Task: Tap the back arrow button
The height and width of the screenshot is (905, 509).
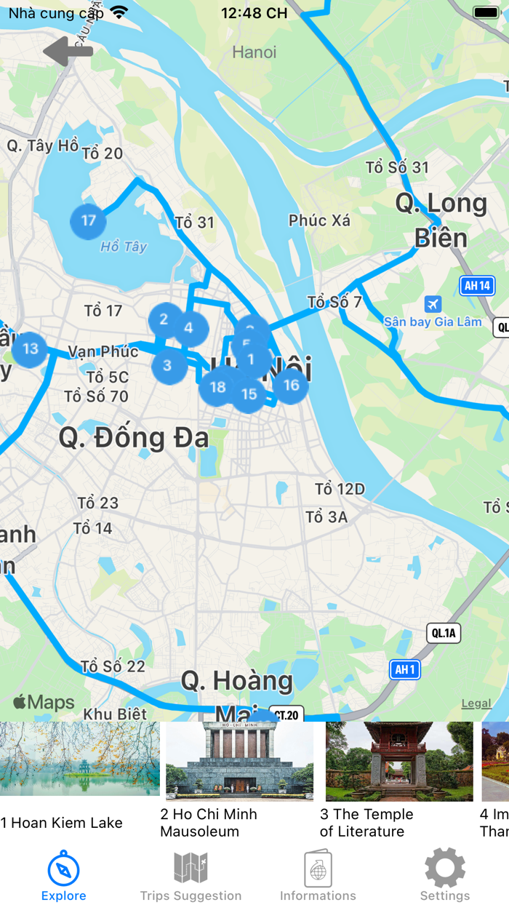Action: [68, 52]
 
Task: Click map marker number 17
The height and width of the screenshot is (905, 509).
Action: [88, 220]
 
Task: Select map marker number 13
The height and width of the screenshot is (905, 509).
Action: [30, 348]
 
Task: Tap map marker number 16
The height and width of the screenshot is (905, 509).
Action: [291, 386]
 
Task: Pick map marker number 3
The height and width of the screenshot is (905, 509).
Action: [167, 365]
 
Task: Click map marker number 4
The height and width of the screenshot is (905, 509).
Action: [188, 328]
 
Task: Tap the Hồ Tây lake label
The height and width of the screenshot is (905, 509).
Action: [124, 247]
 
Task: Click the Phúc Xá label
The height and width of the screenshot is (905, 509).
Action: [319, 220]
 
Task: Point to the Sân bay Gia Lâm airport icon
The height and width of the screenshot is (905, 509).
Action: [433, 303]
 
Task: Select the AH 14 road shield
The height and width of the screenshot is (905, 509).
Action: [476, 285]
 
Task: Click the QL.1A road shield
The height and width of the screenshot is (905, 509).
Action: [443, 633]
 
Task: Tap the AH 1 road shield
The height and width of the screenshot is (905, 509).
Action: [404, 669]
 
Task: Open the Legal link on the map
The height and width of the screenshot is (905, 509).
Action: [476, 703]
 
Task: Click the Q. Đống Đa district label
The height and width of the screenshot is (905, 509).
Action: [134, 438]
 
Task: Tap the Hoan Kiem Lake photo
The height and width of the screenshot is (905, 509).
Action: [80, 759]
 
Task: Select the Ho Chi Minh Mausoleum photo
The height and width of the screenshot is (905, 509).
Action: [239, 760]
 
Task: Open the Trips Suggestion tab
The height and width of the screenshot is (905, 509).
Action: [191, 876]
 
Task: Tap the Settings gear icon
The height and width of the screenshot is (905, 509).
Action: [444, 868]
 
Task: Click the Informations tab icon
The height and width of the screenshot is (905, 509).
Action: [318, 869]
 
